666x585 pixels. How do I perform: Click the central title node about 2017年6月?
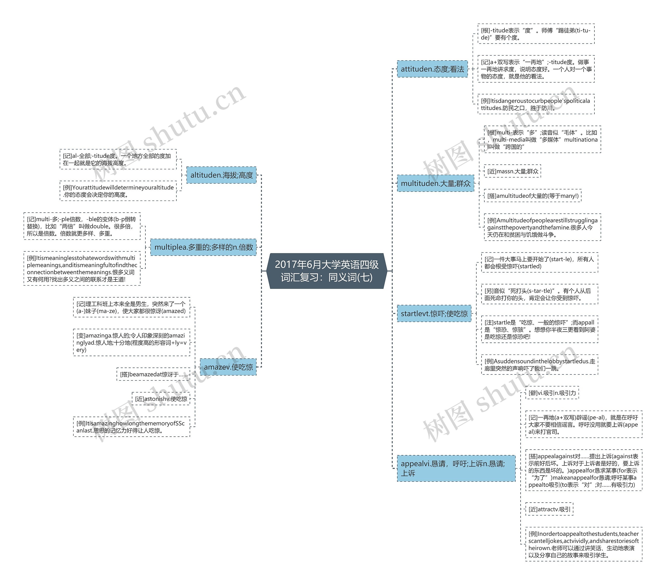point(326,271)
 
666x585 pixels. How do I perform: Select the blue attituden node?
point(432,69)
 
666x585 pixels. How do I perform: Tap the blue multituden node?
point(435,183)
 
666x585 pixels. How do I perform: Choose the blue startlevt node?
point(434,313)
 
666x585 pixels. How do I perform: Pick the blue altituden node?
point(221,175)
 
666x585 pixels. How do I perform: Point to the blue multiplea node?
point(203,247)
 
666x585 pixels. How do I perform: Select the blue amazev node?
point(228,367)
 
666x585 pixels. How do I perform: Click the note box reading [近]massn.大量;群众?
point(512,171)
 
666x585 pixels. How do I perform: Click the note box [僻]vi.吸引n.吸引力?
point(552,393)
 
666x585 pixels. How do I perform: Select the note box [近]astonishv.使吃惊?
point(161,399)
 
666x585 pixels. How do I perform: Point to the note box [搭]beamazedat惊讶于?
point(153,374)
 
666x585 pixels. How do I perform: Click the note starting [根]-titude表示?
point(536,34)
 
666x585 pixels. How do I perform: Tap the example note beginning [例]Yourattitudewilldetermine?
point(118,191)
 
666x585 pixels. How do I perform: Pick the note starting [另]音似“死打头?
point(539,294)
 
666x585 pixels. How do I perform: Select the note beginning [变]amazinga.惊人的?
point(131,343)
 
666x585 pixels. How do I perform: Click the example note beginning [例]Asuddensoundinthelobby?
point(539,365)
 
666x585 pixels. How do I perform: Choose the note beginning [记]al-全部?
point(118,160)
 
